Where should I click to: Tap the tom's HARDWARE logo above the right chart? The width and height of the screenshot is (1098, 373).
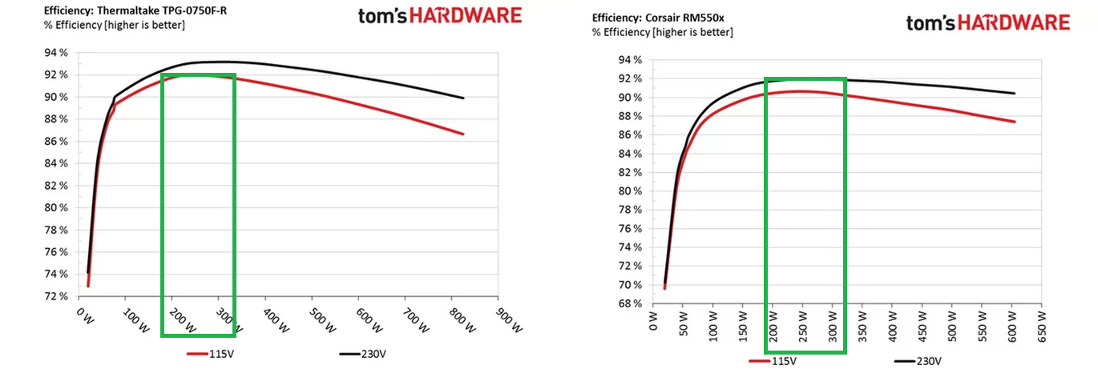pyautogui.click(x=987, y=22)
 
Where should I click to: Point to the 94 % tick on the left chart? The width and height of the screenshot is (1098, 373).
pyautogui.click(x=57, y=53)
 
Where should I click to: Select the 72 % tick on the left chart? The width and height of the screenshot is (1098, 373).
pyautogui.click(x=57, y=296)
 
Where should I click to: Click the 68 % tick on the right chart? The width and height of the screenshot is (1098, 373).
pyautogui.click(x=607, y=304)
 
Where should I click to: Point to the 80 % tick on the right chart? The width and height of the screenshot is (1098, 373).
pyautogui.click(x=607, y=191)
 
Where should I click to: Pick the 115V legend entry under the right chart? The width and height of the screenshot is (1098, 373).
pyautogui.click(x=773, y=362)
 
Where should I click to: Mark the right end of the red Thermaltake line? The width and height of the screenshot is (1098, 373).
pyautogui.click(x=463, y=134)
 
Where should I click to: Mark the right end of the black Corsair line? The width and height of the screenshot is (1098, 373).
pyautogui.click(x=1015, y=94)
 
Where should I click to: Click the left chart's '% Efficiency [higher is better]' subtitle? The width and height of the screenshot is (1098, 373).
pyautogui.click(x=114, y=25)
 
